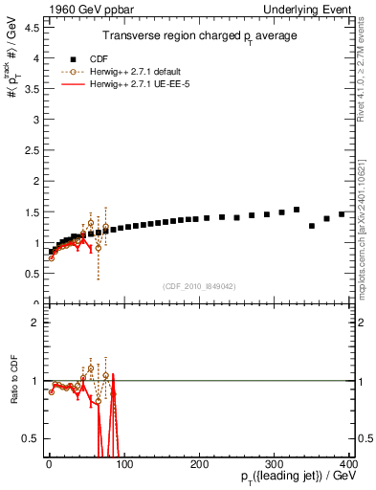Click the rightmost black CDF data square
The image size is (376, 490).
coord(342,214)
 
